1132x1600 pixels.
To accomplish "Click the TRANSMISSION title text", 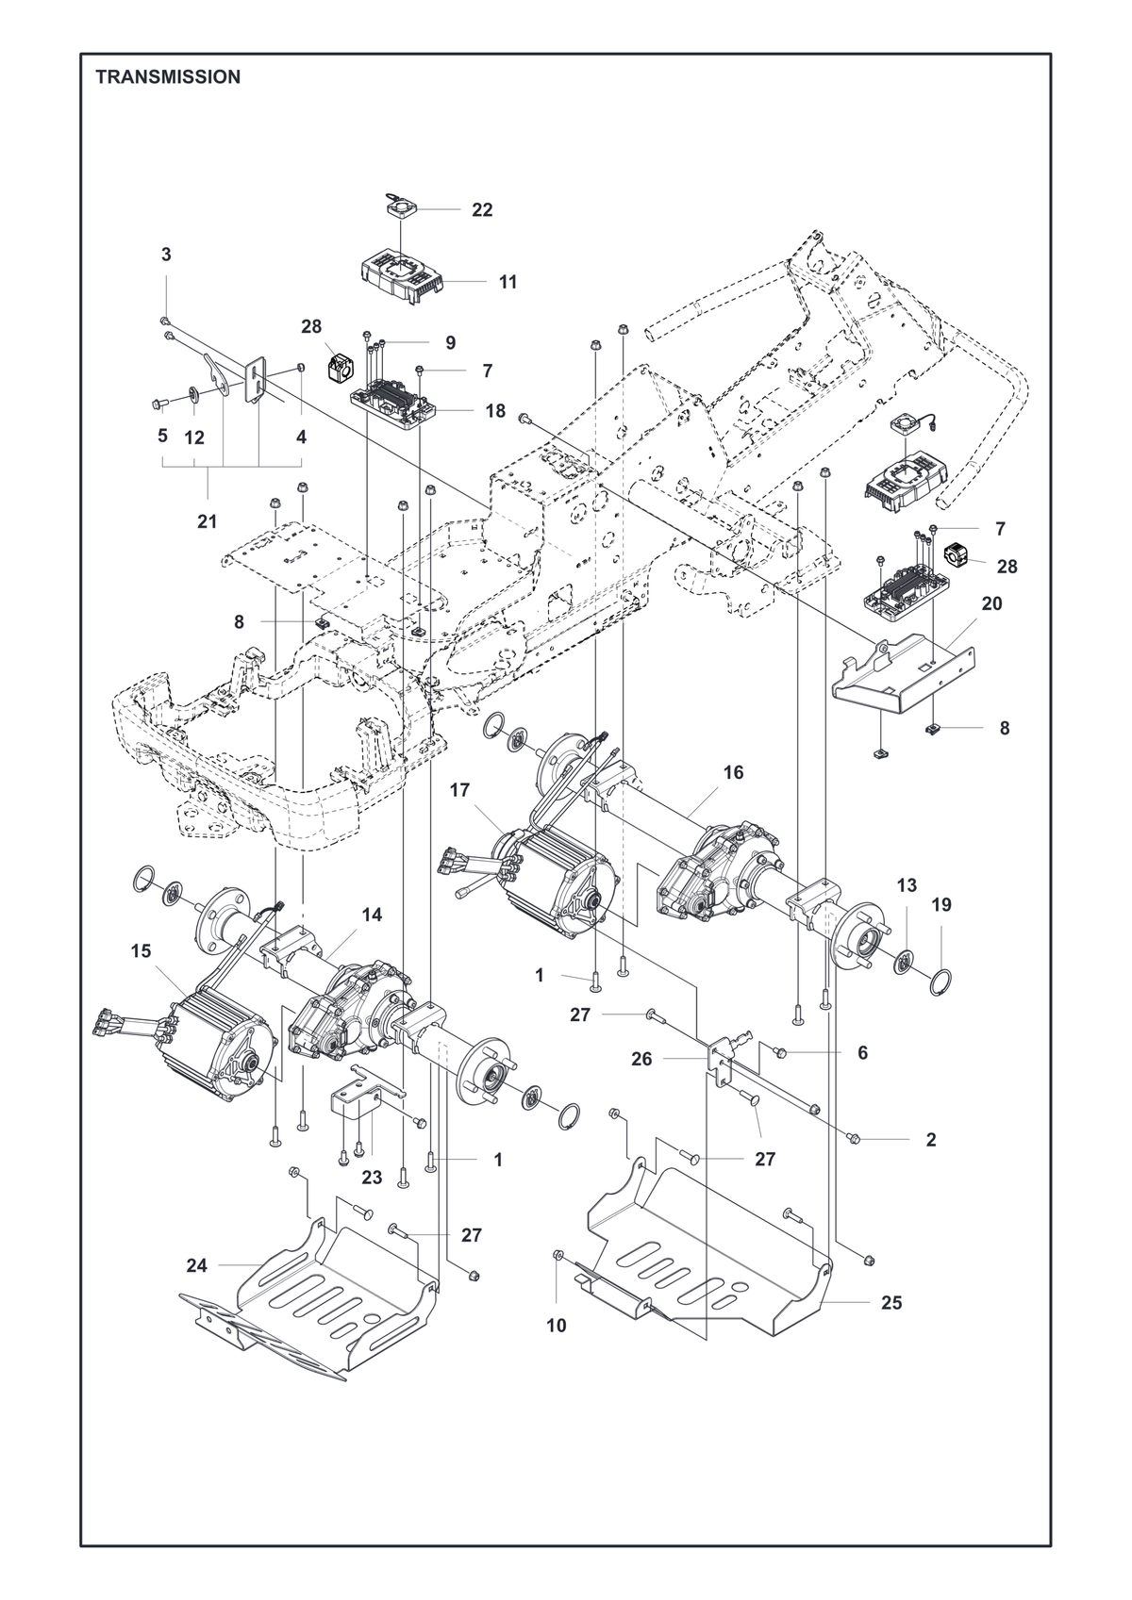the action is click(x=168, y=77).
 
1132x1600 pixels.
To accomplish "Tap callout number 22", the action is click(x=482, y=210).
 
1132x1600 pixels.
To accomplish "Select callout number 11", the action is click(x=508, y=282).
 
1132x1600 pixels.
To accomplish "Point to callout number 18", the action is click(x=495, y=411).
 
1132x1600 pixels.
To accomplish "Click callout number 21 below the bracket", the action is click(x=208, y=521).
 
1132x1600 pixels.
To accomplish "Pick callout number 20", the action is click(x=992, y=603).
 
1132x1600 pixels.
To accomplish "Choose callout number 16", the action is click(x=733, y=772).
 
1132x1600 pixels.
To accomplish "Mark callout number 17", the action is click(x=460, y=790).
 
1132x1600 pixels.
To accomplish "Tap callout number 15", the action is click(x=141, y=950).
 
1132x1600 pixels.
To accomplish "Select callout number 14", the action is click(x=372, y=915).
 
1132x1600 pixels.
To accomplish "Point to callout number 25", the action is click(x=891, y=1303).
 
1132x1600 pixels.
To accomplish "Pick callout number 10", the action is click(x=556, y=1326).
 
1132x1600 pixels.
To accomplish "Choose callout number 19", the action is click(x=941, y=905).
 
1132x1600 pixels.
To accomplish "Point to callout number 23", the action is click(x=372, y=1178).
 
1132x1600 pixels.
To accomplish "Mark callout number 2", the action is click(x=930, y=1140).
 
